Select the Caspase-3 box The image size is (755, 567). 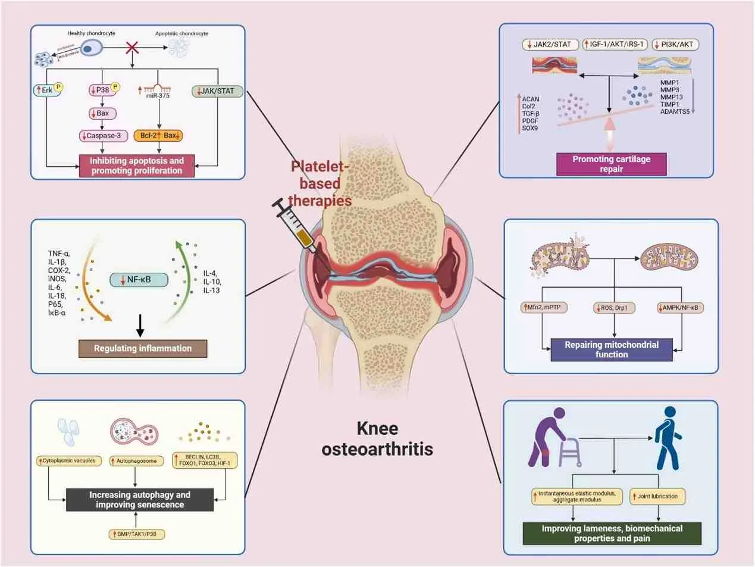point(104,136)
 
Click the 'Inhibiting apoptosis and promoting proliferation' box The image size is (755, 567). point(137,166)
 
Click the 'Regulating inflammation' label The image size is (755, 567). point(143,348)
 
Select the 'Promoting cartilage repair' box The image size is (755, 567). point(611,164)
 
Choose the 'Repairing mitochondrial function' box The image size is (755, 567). point(611,350)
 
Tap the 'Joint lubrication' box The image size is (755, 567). point(659,495)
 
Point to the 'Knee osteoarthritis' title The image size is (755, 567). point(377,439)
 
